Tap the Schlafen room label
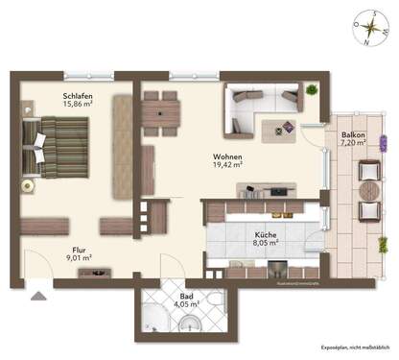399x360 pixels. click(x=79, y=96)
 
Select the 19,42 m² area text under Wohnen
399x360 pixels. click(x=228, y=165)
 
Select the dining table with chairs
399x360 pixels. click(x=161, y=112)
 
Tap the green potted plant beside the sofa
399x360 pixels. click(x=313, y=90)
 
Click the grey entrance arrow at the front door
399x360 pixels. click(x=37, y=296)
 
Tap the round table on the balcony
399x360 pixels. click(x=369, y=189)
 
